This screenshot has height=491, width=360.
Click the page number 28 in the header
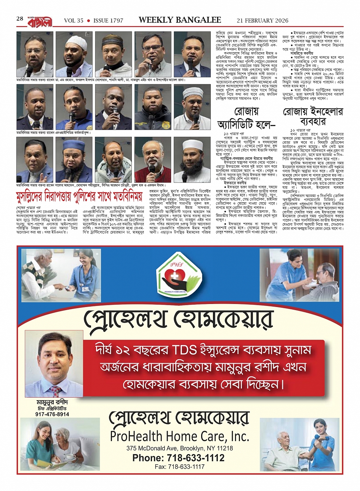click(x=20, y=19)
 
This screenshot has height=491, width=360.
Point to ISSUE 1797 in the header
click(x=108, y=21)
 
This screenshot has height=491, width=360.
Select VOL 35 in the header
click(x=74, y=21)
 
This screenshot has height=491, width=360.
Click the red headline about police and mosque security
click(x=79, y=197)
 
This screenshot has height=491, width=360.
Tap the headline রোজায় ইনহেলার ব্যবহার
click(x=312, y=117)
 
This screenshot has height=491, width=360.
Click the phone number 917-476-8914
click(x=52, y=414)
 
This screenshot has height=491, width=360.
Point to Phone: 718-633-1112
click(x=178, y=458)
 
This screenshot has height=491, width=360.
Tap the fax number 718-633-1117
click(x=179, y=467)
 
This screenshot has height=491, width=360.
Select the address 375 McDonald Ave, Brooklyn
click(x=179, y=448)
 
